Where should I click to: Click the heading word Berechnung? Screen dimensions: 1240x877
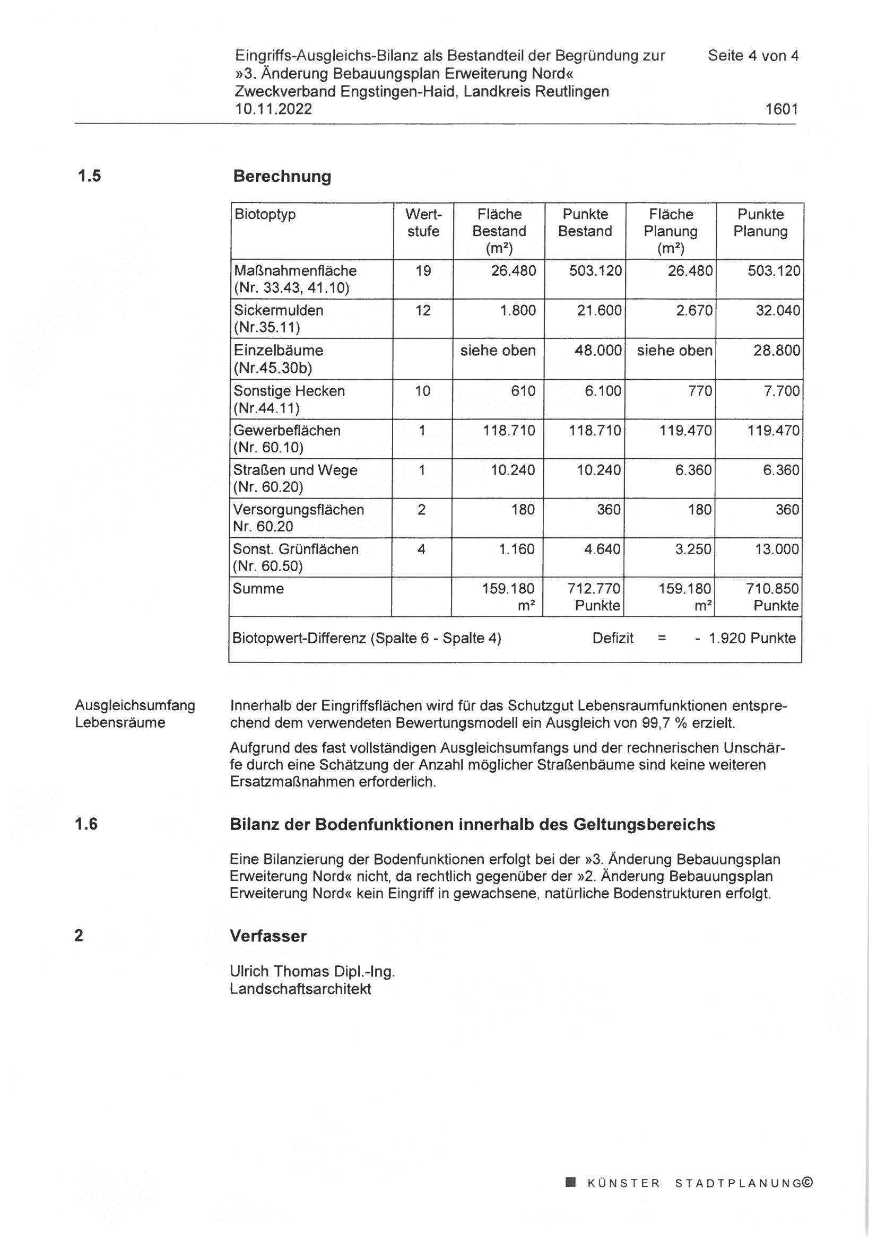282,176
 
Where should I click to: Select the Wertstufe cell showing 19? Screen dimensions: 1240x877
423,270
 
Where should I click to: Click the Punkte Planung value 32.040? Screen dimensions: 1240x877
778,311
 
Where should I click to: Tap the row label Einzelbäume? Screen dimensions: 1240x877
279,351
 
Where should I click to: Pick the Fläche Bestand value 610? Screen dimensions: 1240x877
523,390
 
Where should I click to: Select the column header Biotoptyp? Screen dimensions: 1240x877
265,214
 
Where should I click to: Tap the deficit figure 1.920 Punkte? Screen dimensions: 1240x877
752,639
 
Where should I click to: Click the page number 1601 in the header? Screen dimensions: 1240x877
782,110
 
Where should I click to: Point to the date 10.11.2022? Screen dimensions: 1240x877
273,110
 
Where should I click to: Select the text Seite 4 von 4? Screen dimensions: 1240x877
753,56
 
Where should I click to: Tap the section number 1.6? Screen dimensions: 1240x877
86,825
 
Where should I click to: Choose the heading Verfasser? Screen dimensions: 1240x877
268,936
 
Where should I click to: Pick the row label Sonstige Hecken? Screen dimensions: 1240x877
289,390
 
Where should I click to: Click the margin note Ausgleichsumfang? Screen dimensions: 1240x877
135,705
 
